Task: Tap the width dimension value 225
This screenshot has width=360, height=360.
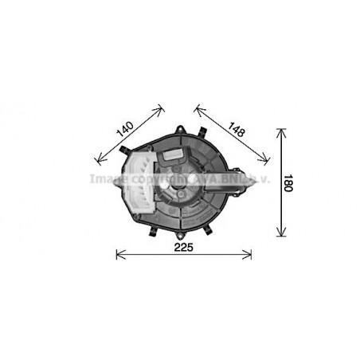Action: click(184, 247)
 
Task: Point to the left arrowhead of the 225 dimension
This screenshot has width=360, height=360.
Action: click(119, 255)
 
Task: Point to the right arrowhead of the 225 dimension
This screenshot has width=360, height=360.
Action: click(249, 255)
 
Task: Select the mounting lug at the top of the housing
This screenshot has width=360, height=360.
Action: click(182, 131)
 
